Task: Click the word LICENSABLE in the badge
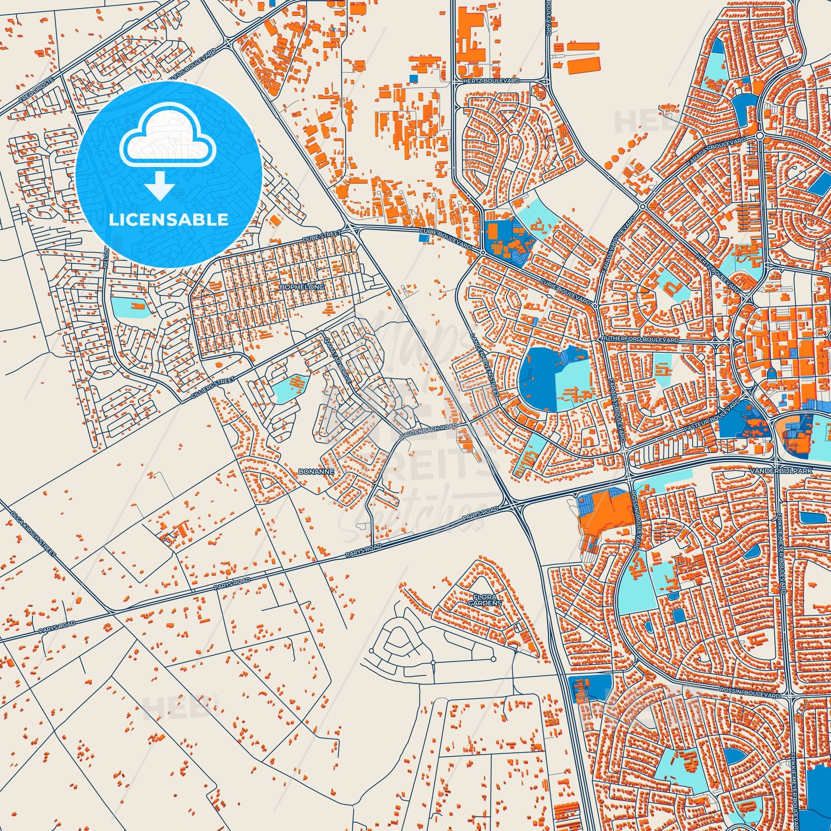click(169, 220)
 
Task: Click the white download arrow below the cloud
click(160, 187)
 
